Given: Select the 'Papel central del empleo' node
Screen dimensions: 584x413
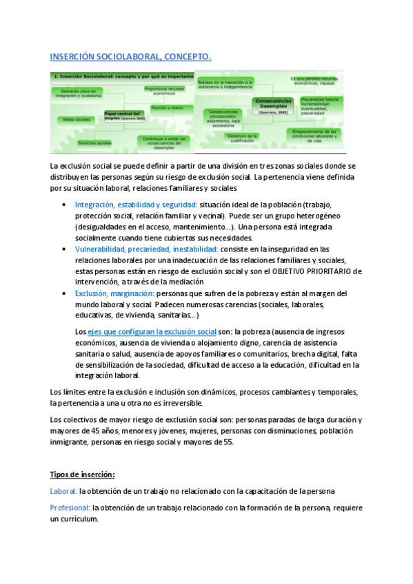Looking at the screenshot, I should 124,115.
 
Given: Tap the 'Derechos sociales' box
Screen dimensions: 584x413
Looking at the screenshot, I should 94,143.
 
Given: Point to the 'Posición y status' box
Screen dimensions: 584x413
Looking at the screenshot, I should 167,108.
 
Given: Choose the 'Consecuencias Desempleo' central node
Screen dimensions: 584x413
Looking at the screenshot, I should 273,105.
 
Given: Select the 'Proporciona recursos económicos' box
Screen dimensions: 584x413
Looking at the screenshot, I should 164,90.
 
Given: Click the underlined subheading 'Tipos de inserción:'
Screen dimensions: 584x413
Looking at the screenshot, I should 82,474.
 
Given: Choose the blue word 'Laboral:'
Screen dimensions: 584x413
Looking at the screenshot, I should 63,491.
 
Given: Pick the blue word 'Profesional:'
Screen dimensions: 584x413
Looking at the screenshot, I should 70,508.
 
